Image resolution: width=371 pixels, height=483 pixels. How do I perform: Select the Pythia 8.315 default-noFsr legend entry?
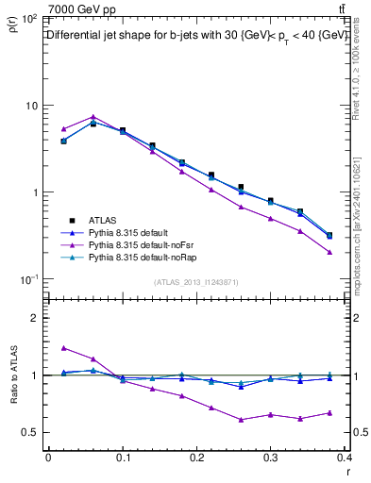click(x=135, y=243)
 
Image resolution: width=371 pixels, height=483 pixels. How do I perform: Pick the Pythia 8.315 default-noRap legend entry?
click(x=136, y=256)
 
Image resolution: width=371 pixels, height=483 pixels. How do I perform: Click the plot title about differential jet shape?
click(x=197, y=35)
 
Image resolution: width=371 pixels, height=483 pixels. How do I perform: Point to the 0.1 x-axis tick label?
click(x=123, y=459)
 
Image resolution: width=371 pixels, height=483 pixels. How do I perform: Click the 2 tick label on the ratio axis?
click(x=33, y=318)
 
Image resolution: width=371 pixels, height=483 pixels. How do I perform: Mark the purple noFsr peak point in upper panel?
click(x=93, y=117)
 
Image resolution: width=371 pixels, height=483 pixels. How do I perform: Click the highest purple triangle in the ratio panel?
click(x=63, y=347)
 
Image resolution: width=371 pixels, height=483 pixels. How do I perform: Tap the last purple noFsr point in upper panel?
click(x=329, y=252)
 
